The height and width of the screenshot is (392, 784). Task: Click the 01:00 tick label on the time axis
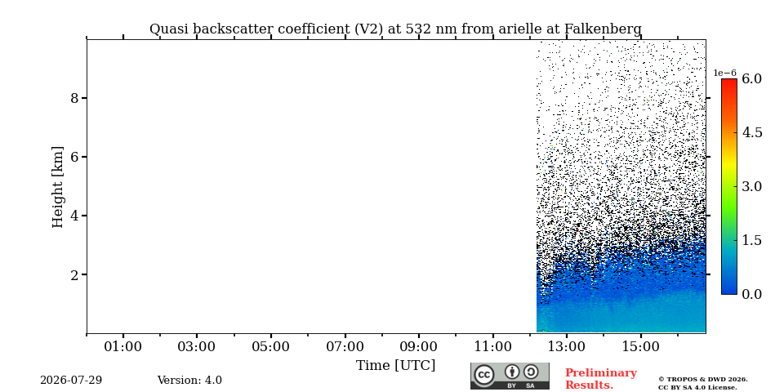(123, 346)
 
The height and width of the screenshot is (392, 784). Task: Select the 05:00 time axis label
(271, 346)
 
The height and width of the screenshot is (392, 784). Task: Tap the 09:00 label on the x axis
(419, 346)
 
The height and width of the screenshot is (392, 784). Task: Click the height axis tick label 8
(74, 98)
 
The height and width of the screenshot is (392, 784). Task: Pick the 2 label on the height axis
(74, 274)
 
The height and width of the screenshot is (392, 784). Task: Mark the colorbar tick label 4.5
(752, 132)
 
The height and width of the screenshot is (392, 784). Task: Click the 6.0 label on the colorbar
(752, 78)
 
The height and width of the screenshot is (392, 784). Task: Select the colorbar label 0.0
(752, 294)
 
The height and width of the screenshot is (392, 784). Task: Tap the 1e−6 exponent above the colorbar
(724, 73)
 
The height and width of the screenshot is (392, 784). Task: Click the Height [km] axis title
(58, 187)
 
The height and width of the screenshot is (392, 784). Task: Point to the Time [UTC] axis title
(395, 366)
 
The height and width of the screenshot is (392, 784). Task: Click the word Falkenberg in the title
(603, 29)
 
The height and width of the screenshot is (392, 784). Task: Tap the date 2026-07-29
(71, 381)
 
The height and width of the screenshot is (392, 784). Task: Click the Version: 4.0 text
(189, 381)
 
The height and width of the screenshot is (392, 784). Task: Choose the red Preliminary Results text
(601, 379)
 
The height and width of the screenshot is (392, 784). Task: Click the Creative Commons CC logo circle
(484, 375)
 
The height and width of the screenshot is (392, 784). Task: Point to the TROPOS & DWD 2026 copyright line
(703, 380)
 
